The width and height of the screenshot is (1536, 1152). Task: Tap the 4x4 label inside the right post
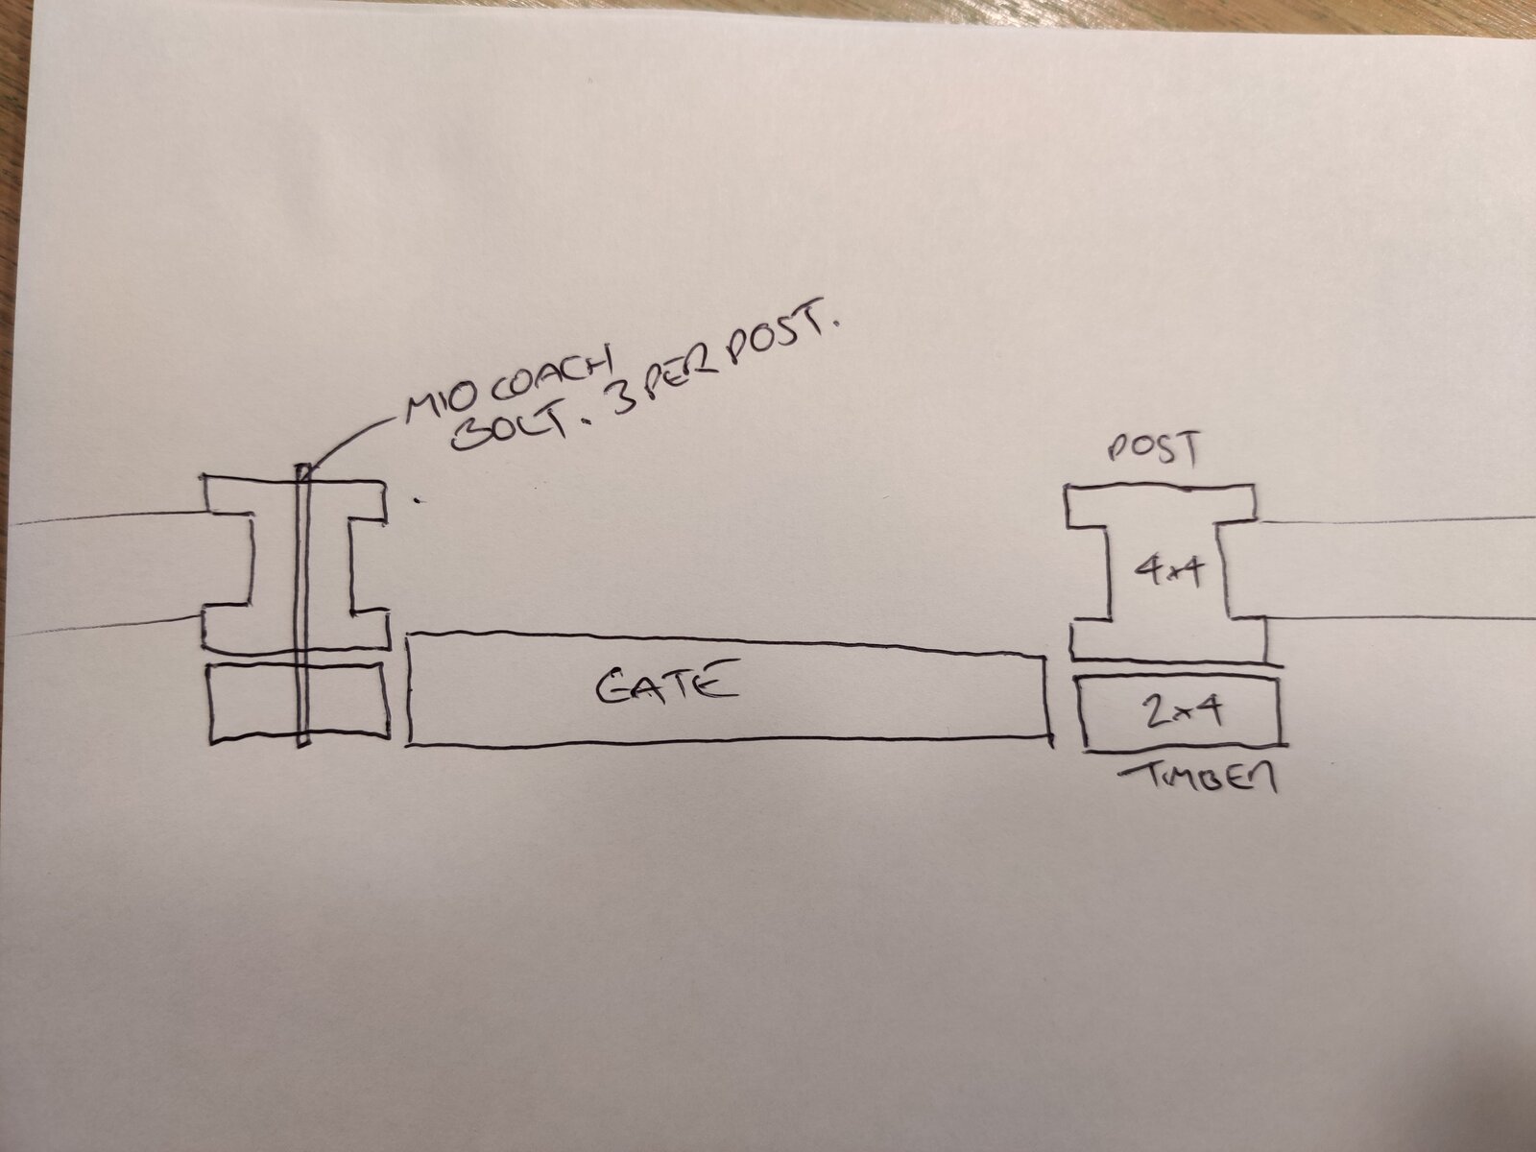coord(1168,571)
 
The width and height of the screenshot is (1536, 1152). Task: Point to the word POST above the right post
coord(1153,448)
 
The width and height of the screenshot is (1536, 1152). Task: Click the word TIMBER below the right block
coord(1197,777)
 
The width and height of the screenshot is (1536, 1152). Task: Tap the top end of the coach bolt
coord(302,466)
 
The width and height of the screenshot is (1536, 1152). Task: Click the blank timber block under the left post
coord(300,702)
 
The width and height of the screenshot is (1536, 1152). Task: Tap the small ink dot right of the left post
coord(419,500)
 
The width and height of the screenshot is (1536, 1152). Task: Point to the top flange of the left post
coord(294,499)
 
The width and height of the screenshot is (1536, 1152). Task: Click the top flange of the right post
coord(1161,505)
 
